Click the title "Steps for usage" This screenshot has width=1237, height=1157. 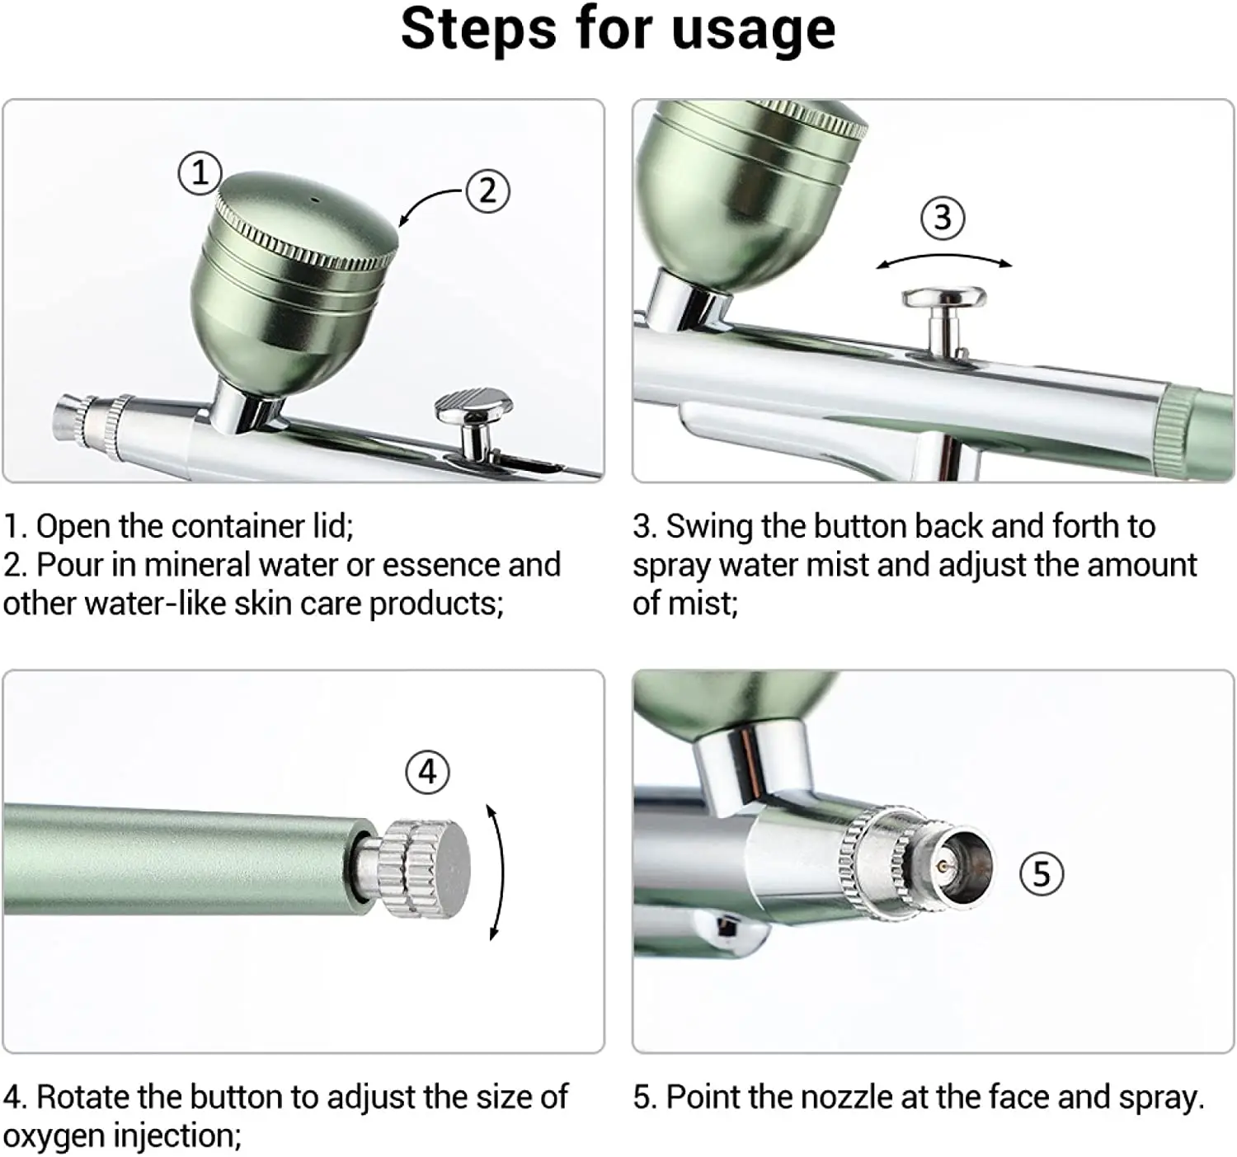(618, 30)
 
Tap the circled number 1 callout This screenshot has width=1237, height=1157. (200, 174)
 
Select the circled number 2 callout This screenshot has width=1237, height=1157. (487, 191)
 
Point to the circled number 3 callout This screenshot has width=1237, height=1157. (943, 219)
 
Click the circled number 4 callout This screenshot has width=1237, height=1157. (427, 773)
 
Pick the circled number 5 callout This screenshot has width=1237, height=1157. (1042, 874)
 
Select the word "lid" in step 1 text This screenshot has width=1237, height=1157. (335, 526)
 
